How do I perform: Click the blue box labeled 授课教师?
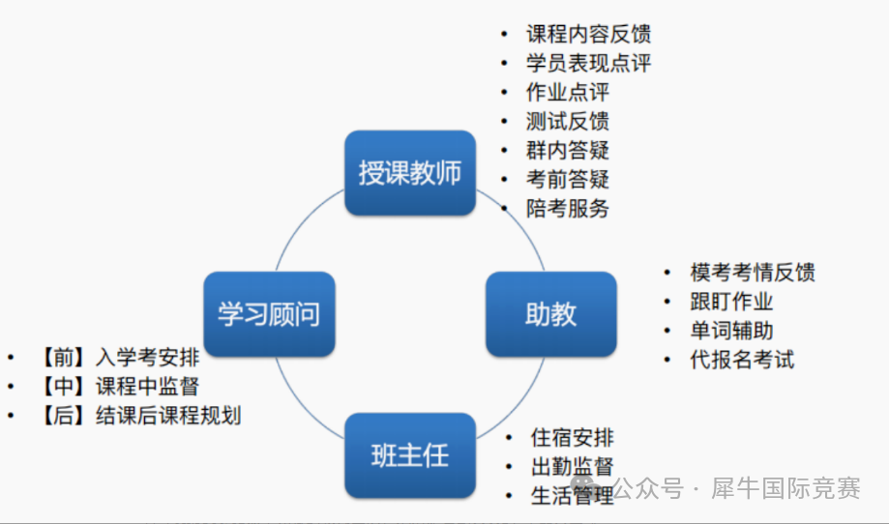coord(410,173)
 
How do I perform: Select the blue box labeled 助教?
coord(550,314)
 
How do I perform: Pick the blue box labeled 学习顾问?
coord(269,314)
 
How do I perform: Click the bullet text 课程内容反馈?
coord(588,35)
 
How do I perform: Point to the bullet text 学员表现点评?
coord(588,64)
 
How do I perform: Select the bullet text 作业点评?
coord(568,93)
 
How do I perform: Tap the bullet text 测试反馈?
coord(568,122)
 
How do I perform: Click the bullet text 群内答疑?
coord(568,150)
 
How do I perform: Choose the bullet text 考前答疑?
coord(568,179)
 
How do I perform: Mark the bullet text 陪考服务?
coord(568,208)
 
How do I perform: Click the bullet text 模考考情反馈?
coord(752,273)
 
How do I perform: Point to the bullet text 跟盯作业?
coord(731,302)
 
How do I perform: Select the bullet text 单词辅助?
coord(731,331)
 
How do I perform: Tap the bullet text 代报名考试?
coord(741,360)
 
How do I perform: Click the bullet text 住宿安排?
coord(572,438)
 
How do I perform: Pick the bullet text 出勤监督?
coord(572,467)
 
